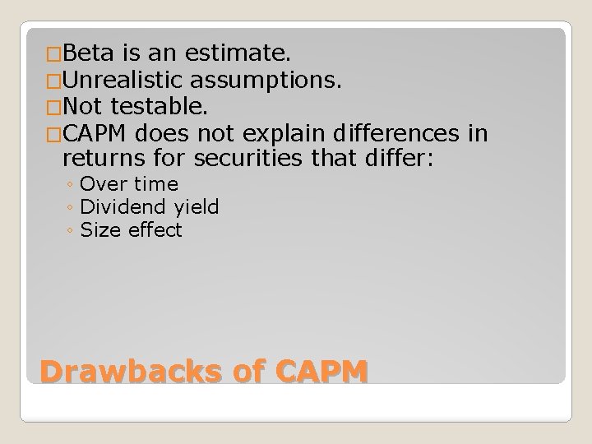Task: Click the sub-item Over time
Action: pyautogui.click(x=129, y=184)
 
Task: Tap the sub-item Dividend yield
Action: pyautogui.click(x=150, y=207)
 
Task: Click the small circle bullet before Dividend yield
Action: pyautogui.click(x=72, y=208)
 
